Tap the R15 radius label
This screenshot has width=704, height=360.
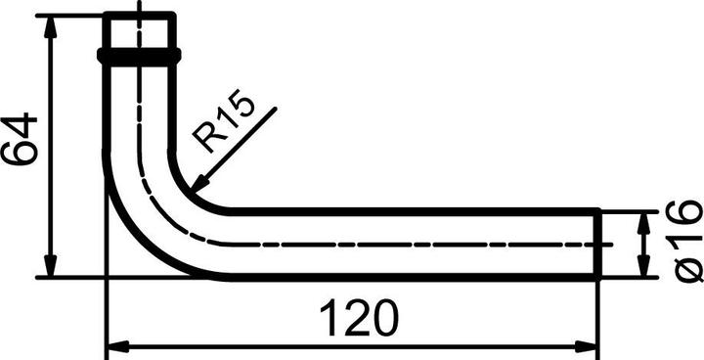[x=224, y=122]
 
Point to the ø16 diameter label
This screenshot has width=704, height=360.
[x=687, y=241]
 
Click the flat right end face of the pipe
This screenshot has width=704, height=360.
[x=597, y=244]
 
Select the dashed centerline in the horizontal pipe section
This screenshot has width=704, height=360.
[x=411, y=244]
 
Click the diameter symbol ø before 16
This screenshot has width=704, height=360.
[x=687, y=267]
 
